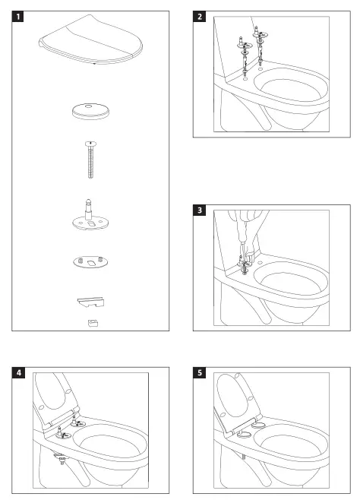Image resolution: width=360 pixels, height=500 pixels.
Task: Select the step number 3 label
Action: coord(199,210)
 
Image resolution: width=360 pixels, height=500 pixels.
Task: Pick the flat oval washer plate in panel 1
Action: coord(89,261)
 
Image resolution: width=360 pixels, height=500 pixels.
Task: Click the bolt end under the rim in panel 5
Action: coord(242,459)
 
